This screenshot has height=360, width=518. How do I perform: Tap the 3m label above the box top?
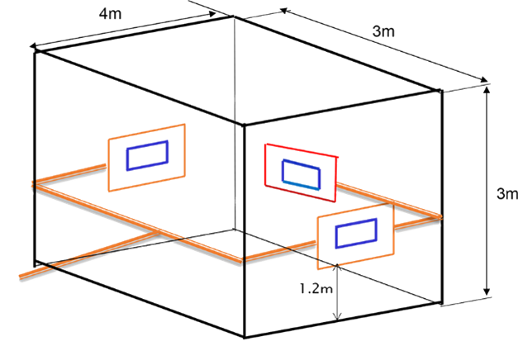[x=383, y=31]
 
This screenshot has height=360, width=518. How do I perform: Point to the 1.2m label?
[x=318, y=289]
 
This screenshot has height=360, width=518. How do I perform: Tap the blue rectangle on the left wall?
[x=147, y=155]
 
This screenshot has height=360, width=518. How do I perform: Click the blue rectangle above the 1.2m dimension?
[x=356, y=233]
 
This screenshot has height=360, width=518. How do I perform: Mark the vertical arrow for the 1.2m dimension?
[x=337, y=293]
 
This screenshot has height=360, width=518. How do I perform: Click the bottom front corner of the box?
[x=245, y=337]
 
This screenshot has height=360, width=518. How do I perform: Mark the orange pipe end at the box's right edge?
[x=440, y=217]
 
